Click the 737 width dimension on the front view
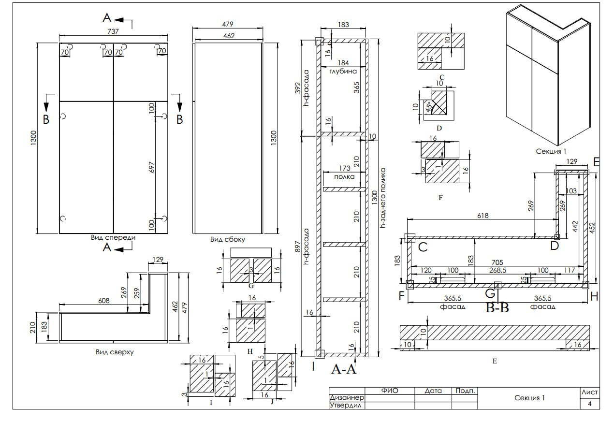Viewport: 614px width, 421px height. (x=113, y=31)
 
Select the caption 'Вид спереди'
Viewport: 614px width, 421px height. (x=113, y=237)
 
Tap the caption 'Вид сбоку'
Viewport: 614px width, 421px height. (x=228, y=239)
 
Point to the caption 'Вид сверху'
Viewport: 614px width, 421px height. (x=115, y=352)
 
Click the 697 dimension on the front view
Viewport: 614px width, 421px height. (x=152, y=167)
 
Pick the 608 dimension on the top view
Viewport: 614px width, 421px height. (x=104, y=301)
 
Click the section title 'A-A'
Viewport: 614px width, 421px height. (x=343, y=369)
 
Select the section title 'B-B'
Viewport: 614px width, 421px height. (x=497, y=307)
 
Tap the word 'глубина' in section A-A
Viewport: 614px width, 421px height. (x=343, y=71)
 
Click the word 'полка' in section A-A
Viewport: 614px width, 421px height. (x=344, y=176)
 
